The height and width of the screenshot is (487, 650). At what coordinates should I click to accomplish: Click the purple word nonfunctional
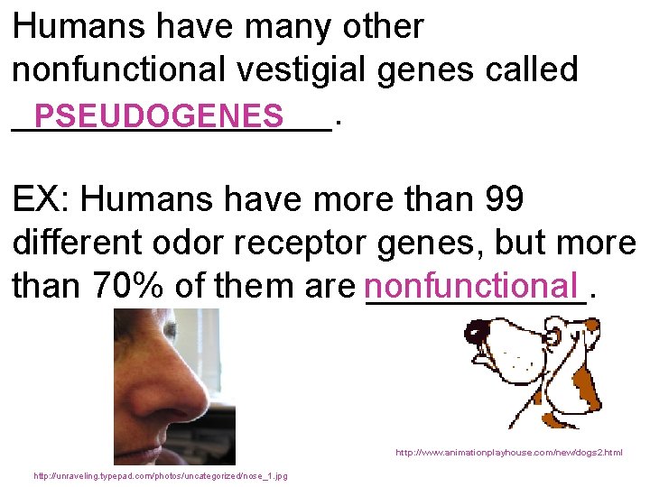470,286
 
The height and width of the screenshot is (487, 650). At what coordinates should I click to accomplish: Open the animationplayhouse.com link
508,453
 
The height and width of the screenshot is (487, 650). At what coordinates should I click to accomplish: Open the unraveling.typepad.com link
160,475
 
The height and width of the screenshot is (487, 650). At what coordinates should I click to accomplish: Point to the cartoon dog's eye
552,339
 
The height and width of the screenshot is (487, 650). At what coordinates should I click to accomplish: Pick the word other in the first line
383,27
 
